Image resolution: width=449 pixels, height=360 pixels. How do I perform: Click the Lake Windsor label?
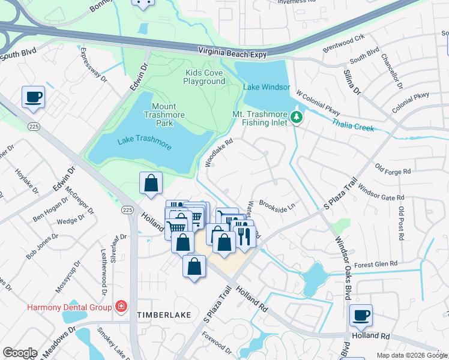click(267, 87)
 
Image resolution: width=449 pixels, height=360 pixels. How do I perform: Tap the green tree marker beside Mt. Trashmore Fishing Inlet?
click(296, 118)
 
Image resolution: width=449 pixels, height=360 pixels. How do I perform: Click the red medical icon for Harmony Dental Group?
click(121, 307)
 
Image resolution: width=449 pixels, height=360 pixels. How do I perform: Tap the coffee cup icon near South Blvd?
click(33, 96)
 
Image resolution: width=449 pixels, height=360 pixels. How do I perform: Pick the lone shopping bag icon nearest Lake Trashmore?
click(151, 183)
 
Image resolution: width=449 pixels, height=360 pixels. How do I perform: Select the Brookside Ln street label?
click(277, 205)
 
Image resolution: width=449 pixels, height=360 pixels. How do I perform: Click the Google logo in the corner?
click(20, 353)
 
